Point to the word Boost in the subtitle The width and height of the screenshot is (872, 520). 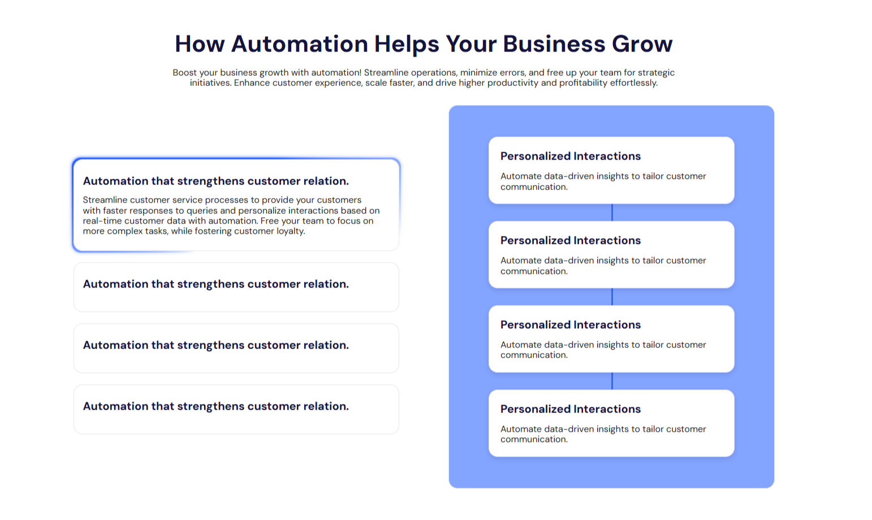(x=185, y=72)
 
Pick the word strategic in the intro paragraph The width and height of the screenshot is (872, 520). (x=655, y=72)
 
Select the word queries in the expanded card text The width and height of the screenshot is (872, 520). (x=202, y=210)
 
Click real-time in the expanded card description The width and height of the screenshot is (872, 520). (x=102, y=221)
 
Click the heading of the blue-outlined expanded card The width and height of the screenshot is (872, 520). (x=215, y=181)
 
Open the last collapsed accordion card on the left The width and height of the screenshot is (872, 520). (x=236, y=409)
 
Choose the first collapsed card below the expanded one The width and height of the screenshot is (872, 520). (x=236, y=287)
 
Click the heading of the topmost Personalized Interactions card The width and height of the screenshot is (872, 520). (x=570, y=156)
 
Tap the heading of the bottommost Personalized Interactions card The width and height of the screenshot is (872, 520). (x=570, y=409)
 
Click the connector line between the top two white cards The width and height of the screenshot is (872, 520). (x=612, y=212)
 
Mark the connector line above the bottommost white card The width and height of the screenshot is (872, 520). (x=612, y=381)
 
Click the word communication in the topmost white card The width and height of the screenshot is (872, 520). (x=534, y=187)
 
